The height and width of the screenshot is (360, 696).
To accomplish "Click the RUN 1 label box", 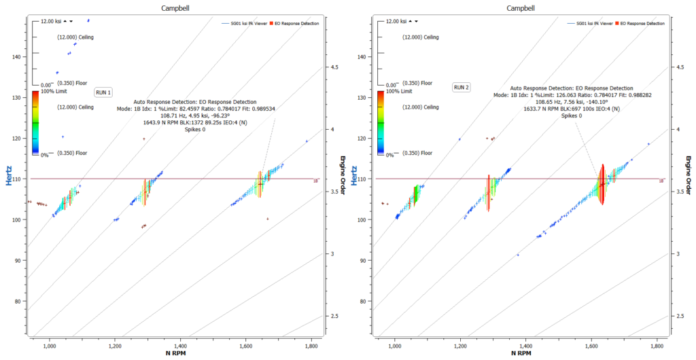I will click(x=103, y=92).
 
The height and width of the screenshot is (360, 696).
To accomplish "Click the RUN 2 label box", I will click(x=462, y=87).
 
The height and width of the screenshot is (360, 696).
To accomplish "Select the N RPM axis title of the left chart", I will click(x=177, y=354).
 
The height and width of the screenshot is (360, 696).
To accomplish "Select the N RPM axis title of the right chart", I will click(x=522, y=354).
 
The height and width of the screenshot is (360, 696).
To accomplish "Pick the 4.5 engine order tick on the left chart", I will click(x=336, y=67).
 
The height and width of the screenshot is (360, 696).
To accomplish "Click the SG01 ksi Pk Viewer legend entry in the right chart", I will click(x=589, y=23).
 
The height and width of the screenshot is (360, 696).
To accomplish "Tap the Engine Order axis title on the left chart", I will click(x=344, y=175).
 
